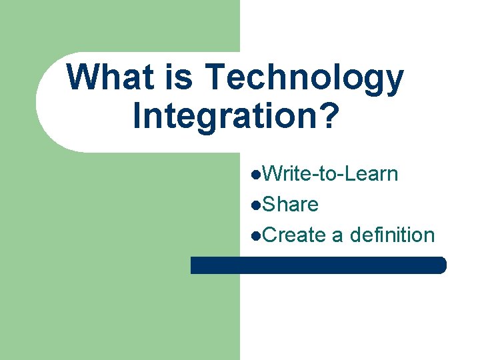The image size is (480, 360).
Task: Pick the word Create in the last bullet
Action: (294, 235)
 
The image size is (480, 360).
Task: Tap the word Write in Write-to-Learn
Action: (286, 174)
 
